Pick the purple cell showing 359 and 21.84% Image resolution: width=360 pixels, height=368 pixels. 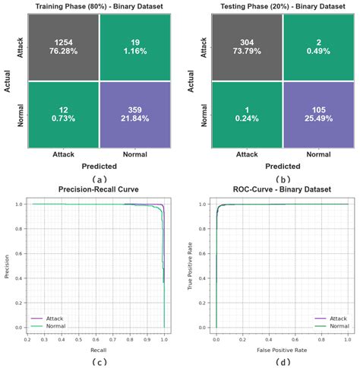pyautogui.click(x=133, y=117)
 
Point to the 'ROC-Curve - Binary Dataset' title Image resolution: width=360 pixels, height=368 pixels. pyautogui.click(x=282, y=189)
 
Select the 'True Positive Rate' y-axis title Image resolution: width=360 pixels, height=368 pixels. pyautogui.click(x=200, y=265)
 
